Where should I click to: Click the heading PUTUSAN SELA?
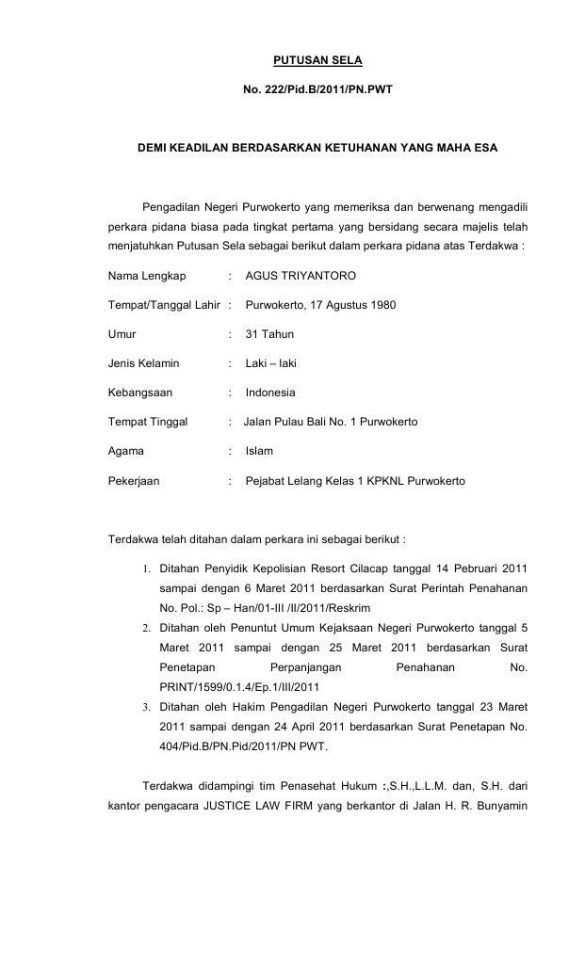click(317, 61)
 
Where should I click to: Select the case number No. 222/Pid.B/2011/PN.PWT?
click(317, 92)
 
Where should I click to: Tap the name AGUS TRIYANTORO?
click(301, 276)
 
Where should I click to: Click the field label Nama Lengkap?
click(148, 276)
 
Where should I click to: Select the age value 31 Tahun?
click(269, 334)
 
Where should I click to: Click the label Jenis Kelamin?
click(143, 363)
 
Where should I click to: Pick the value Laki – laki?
click(270, 363)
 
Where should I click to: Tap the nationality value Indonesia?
click(270, 393)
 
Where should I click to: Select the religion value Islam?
click(259, 451)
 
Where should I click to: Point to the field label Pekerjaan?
click(134, 481)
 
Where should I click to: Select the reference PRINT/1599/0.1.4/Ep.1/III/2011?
click(240, 686)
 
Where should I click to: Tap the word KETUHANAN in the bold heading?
click(366, 149)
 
